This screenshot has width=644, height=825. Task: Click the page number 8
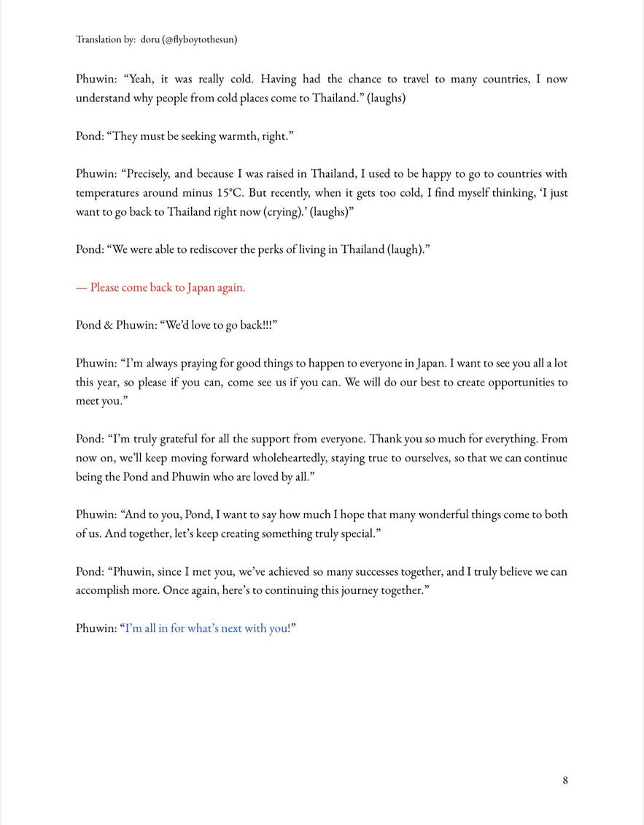pyautogui.click(x=565, y=781)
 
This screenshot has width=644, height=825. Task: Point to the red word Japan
pyautogui.click(x=201, y=288)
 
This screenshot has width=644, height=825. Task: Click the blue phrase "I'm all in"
pyautogui.click(x=146, y=628)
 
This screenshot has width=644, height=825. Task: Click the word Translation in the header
pyautogui.click(x=98, y=39)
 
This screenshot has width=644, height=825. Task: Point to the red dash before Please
pyautogui.click(x=81, y=288)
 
